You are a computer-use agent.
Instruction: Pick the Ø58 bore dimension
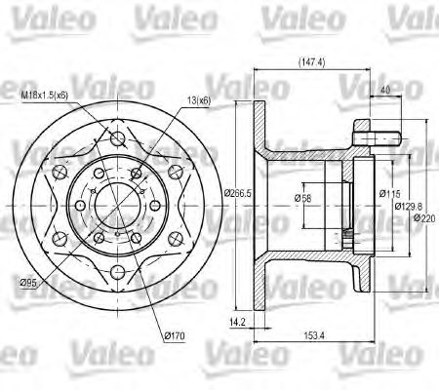click(x=302, y=200)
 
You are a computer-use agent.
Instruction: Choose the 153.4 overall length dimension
click(x=311, y=337)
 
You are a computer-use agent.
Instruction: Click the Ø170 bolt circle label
click(x=175, y=335)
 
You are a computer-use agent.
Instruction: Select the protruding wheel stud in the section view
click(x=376, y=128)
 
